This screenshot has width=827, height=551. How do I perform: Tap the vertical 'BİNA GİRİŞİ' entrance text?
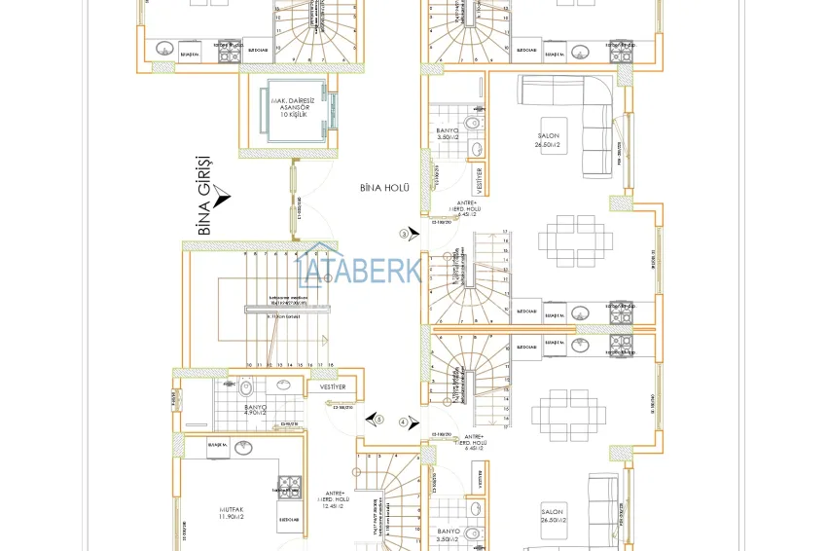point(205,195)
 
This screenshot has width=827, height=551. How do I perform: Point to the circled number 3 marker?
point(404,234)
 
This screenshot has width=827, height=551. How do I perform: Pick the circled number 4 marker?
point(404,421)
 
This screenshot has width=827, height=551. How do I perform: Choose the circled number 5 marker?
point(379,421)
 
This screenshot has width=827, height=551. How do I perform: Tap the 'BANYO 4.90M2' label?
point(256,411)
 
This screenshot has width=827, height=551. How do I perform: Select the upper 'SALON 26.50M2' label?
point(549,141)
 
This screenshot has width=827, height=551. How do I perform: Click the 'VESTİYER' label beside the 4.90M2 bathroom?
point(332,387)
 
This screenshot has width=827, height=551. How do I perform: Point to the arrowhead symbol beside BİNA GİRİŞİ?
point(223,201)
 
